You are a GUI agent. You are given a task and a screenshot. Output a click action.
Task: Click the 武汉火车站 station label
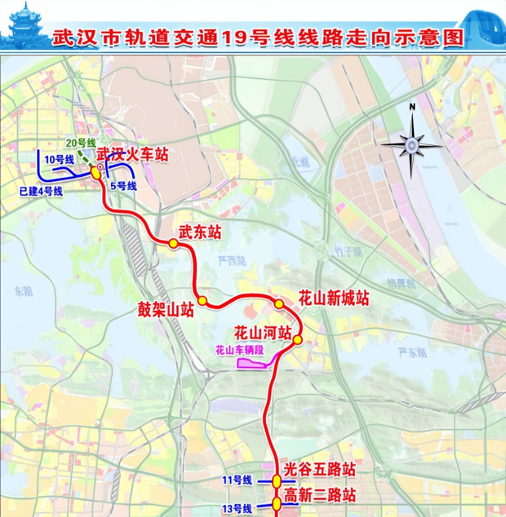click(133, 154)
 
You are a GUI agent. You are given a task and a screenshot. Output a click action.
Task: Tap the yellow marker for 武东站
click(173, 243)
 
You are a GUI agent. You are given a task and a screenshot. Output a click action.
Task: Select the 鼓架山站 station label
click(166, 310)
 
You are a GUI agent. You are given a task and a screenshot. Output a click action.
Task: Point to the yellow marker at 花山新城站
click(279, 304)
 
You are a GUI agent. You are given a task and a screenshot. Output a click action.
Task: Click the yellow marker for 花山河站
click(298, 340)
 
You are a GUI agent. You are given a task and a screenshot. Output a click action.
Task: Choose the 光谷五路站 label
click(320, 470)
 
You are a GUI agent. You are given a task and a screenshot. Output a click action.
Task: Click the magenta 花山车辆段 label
click(239, 350)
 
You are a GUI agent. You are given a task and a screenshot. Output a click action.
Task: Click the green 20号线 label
click(81, 143)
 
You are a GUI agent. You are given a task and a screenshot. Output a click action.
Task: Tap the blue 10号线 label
click(60, 160)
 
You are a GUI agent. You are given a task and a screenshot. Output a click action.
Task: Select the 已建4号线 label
click(41, 191)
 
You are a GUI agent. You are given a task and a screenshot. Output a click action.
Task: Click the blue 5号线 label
click(123, 186)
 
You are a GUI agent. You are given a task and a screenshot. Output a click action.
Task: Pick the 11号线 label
click(237, 480)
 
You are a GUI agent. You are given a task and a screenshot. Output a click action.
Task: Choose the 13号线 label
click(237, 508)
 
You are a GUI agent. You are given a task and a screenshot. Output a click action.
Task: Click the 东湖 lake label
click(23, 292)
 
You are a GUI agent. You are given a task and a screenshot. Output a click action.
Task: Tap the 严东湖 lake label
click(412, 352)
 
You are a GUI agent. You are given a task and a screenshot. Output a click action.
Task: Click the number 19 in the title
click(234, 38)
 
